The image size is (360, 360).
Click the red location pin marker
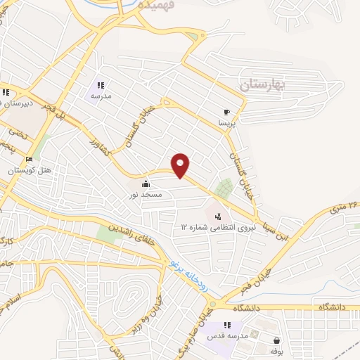(181, 165)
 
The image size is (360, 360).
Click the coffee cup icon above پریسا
(226, 112)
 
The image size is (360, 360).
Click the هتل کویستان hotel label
(26, 170)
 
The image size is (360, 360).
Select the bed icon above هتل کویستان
(30, 159)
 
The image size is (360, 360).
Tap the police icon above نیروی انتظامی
(218, 216)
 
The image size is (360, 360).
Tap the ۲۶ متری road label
(343, 206)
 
